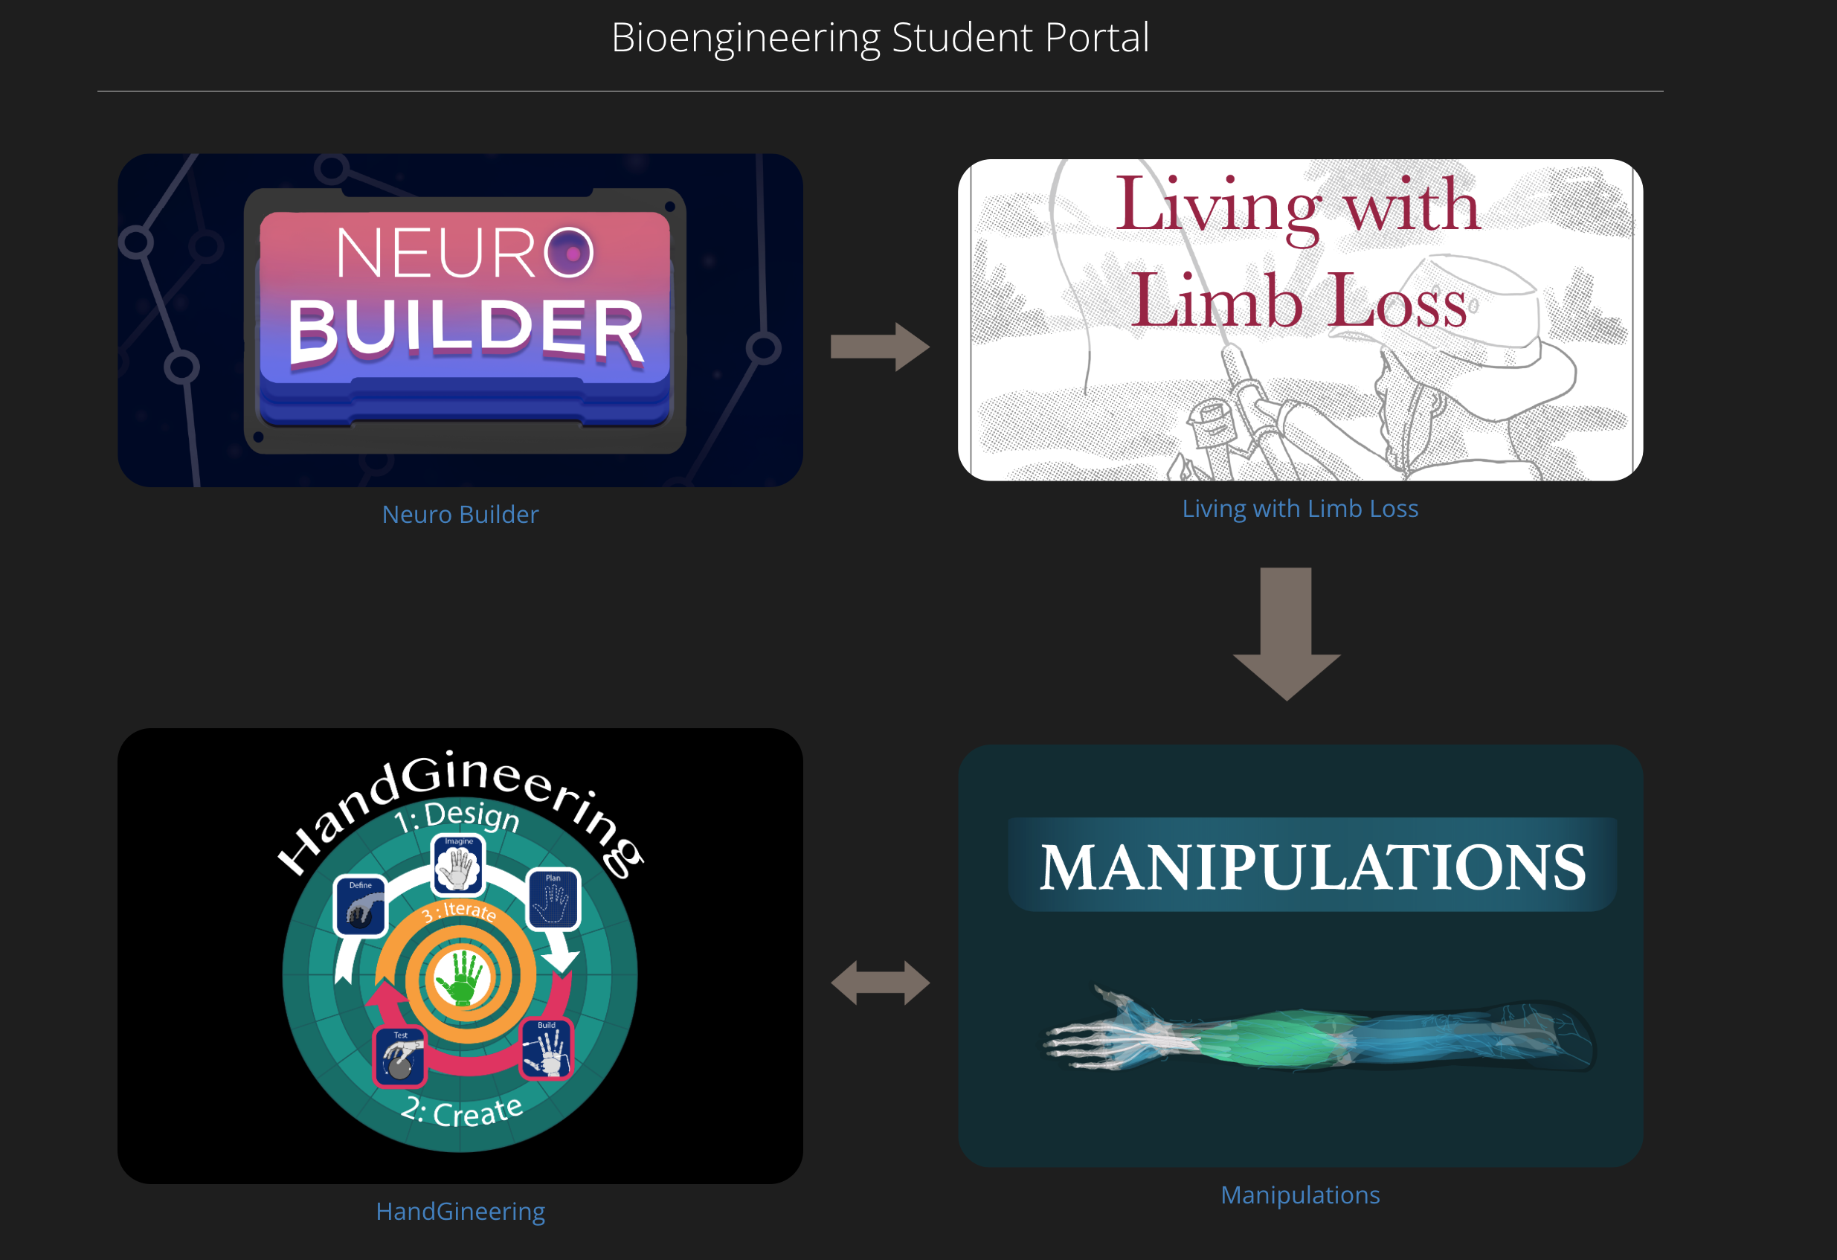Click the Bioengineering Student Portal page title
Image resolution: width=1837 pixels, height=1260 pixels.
coord(880,37)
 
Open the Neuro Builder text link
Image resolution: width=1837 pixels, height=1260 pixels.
coord(460,515)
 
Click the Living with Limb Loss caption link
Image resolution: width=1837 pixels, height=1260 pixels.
coord(1299,508)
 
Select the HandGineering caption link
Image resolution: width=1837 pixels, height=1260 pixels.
coord(460,1211)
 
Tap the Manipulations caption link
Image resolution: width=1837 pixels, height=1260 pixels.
coord(1299,1195)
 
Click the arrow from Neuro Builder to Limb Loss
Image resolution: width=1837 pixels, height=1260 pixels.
coord(879,346)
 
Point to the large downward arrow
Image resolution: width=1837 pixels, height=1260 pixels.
coord(1286,632)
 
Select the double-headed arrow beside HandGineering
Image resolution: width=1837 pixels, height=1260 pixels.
coord(880,983)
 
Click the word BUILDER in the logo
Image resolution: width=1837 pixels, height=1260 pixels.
coord(466,331)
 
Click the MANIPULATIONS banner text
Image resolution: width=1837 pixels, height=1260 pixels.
coord(1312,867)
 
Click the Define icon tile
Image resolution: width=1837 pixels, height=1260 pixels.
coord(361,906)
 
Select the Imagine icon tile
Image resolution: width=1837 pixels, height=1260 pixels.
coord(458,864)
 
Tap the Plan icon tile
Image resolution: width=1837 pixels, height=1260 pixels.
coord(553,899)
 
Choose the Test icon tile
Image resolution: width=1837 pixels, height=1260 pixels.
coord(400,1056)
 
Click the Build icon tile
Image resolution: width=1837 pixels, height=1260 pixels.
coord(546,1048)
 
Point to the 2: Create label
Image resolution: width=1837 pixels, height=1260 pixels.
coord(462,1110)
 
